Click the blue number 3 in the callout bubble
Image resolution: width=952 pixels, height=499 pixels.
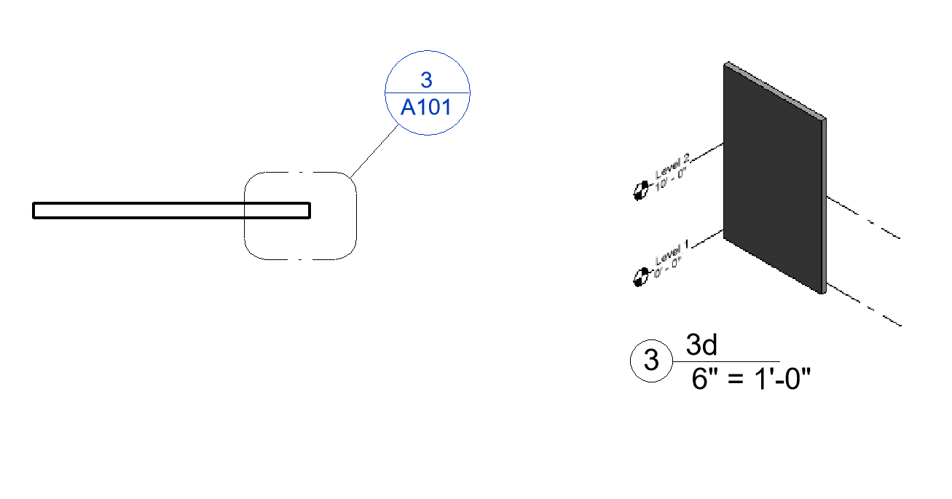click(x=426, y=80)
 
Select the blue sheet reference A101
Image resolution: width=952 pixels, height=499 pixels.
click(x=426, y=108)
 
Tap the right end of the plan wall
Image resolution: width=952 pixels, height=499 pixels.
click(x=308, y=211)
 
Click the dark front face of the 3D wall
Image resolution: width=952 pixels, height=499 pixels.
click(x=772, y=182)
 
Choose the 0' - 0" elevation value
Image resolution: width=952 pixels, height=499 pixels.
click(x=669, y=264)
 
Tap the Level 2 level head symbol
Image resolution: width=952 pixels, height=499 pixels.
click(x=640, y=192)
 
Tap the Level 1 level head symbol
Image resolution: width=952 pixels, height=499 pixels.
click(x=641, y=277)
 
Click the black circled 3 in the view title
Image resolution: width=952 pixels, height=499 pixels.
click(x=651, y=361)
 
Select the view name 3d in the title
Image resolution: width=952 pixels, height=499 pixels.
click(x=702, y=345)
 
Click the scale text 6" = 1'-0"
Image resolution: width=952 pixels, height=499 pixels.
click(x=751, y=379)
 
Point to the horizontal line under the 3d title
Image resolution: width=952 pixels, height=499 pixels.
click(x=728, y=361)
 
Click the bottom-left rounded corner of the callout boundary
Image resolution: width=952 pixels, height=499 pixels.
click(x=251, y=251)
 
